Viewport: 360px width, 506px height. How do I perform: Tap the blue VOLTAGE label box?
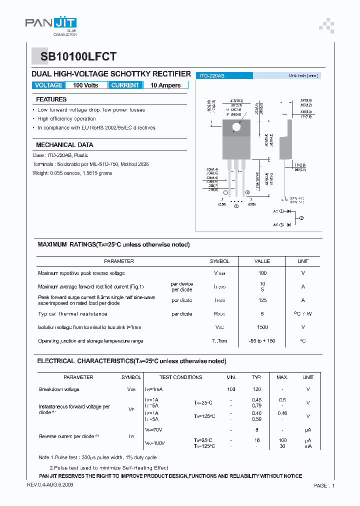[x=48, y=85]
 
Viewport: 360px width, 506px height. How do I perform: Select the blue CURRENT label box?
[x=125, y=85]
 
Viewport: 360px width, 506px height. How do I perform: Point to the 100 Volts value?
[x=85, y=85]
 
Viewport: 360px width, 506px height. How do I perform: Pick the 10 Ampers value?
[x=165, y=85]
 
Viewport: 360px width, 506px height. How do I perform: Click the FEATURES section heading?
[x=51, y=99]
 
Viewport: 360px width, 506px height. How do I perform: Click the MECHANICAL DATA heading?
[x=64, y=144]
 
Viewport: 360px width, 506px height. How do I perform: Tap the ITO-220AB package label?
[x=212, y=75]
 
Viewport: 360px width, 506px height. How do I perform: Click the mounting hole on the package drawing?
[x=236, y=126]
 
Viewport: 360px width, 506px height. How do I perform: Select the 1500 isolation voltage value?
[x=262, y=327]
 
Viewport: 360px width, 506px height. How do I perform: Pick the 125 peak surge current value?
[x=262, y=300]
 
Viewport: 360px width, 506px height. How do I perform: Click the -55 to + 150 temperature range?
[x=262, y=340]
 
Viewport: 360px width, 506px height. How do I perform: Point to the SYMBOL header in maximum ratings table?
[x=219, y=261]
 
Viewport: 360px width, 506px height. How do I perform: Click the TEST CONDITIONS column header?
[x=180, y=377]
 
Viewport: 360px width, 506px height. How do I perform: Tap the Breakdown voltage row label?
[x=59, y=389]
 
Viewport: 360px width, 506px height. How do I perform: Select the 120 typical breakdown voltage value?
[x=256, y=389]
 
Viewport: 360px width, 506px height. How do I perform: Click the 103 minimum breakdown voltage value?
[x=231, y=389]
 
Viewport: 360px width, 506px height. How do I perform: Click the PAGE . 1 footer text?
[x=324, y=485]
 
